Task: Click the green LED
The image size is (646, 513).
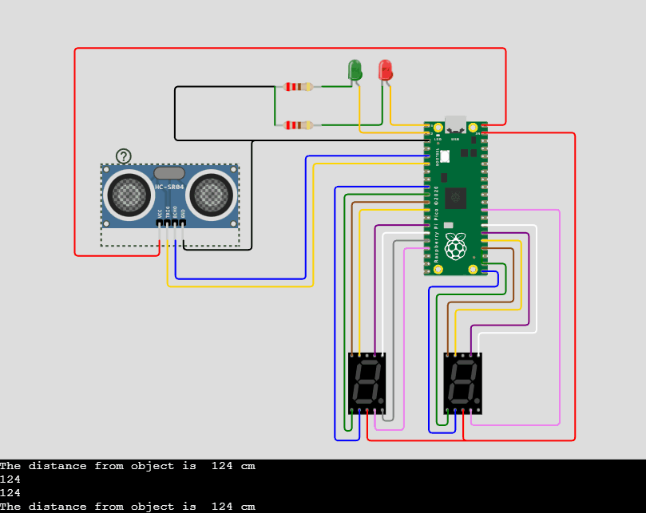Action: click(x=355, y=69)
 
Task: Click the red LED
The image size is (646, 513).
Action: click(x=385, y=69)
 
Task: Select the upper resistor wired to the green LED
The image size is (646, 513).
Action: click(x=298, y=87)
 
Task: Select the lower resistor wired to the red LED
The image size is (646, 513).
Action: click(x=298, y=125)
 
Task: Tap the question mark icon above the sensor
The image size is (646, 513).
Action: click(x=123, y=156)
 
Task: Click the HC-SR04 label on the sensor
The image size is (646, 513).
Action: click(x=169, y=187)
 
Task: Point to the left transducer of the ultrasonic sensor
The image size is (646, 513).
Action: click(x=128, y=194)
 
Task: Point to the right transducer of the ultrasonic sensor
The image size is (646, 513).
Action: click(x=211, y=194)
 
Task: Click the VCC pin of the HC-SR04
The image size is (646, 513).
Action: click(x=160, y=223)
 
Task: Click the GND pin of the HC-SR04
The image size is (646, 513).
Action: click(x=183, y=223)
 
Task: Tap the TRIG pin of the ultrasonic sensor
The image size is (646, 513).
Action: click(x=167, y=223)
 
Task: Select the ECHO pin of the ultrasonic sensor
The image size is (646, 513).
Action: click(x=175, y=223)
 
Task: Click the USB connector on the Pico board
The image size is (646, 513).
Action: click(x=455, y=125)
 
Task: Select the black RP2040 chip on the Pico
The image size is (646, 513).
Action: click(x=456, y=197)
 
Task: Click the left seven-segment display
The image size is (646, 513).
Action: click(x=367, y=383)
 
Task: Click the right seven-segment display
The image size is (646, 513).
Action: click(x=463, y=383)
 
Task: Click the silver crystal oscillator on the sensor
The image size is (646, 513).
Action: click(x=169, y=172)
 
